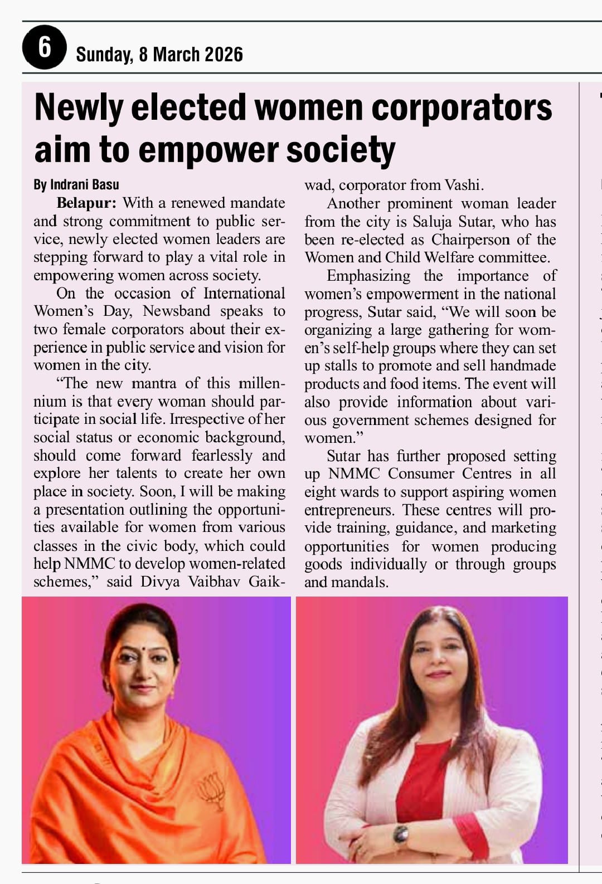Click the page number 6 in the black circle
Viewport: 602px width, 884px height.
click(x=44, y=47)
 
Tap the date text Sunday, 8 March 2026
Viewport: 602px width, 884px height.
click(x=159, y=54)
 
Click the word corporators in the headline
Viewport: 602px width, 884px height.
click(x=462, y=108)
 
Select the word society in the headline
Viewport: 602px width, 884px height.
click(x=341, y=150)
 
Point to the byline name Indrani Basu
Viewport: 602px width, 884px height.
click(x=84, y=184)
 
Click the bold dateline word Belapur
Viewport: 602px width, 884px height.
click(x=86, y=202)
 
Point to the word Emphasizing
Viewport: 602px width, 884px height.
click(x=368, y=276)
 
